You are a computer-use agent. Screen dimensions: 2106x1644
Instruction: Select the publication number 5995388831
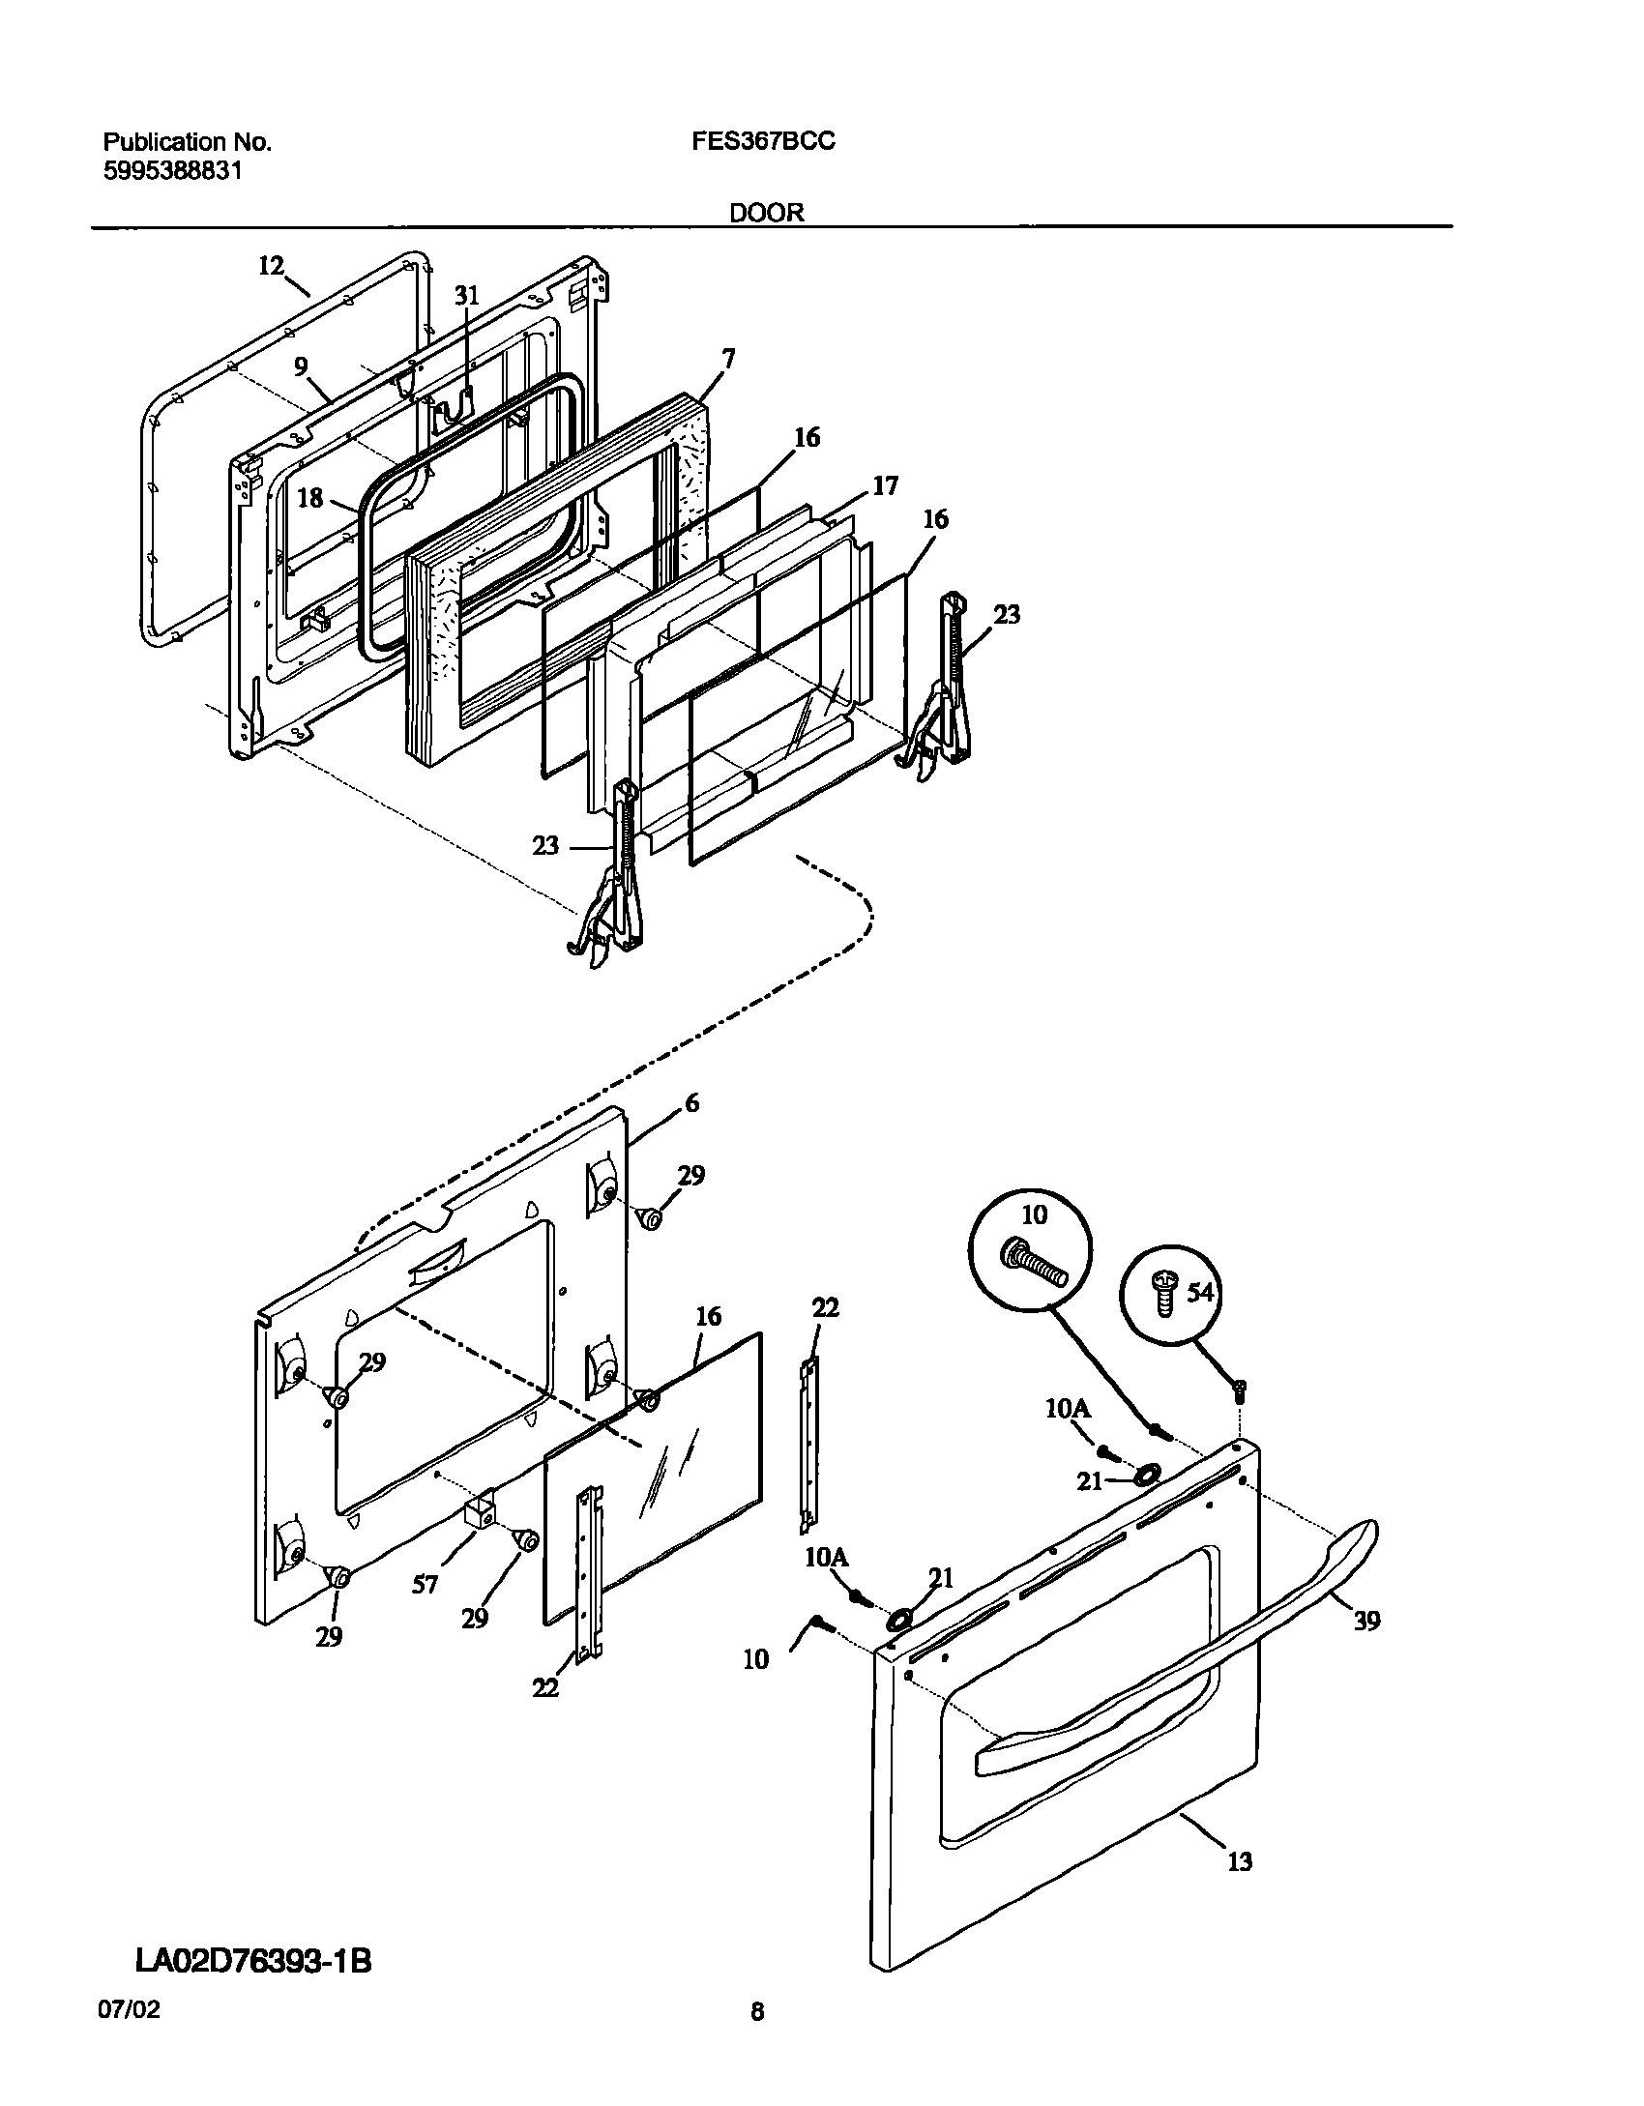point(172,171)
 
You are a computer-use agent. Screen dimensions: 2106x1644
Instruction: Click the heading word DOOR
point(766,213)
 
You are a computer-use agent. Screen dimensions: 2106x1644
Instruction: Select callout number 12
point(272,265)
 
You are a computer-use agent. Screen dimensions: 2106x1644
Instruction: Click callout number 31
point(467,296)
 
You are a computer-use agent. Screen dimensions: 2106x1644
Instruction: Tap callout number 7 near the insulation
point(727,361)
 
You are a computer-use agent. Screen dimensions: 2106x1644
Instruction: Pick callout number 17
point(885,485)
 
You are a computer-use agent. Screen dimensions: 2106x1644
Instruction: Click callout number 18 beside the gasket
point(310,498)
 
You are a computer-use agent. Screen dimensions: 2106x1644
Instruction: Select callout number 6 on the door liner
point(691,1103)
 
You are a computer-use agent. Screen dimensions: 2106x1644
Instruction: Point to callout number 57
point(426,1584)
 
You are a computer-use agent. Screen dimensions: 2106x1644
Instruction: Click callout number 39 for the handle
point(1366,1621)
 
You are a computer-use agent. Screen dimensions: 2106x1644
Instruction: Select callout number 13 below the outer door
point(1240,1861)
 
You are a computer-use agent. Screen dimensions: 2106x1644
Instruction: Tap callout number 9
point(302,366)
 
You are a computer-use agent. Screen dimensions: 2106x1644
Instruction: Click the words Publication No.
point(187,142)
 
